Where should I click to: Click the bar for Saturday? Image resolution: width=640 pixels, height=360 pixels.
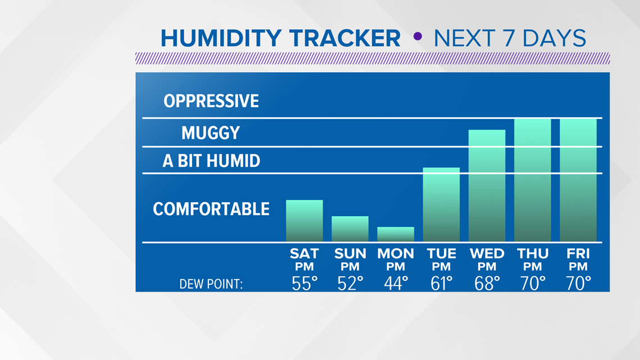coord(304,221)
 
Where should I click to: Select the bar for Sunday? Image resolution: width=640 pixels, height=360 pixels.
coord(350,229)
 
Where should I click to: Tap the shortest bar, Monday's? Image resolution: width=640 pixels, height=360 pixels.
coord(396,234)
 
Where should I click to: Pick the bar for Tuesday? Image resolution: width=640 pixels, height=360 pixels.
coord(441,204)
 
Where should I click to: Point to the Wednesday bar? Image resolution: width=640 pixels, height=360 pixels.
coord(487,186)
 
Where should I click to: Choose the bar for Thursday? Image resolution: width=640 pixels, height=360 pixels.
coord(533,180)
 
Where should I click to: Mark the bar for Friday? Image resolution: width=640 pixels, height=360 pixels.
coord(578,180)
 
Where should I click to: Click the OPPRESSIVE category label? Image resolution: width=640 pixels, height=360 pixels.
coord(211,101)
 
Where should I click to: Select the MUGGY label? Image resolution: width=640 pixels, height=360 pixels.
coord(211,133)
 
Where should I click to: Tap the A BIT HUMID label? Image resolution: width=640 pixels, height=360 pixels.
coord(212,161)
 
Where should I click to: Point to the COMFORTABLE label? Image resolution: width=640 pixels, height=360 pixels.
coord(211,209)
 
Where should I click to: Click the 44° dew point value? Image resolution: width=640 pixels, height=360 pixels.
coord(396,283)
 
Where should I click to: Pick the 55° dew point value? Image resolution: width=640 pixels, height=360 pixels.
coord(304,283)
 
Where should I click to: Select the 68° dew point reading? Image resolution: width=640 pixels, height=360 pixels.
coord(487,283)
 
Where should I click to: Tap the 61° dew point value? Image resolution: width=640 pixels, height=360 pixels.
coord(442,283)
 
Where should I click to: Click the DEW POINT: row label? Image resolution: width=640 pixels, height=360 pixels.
coord(211,284)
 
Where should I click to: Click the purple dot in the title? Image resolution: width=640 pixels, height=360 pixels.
coord(418,37)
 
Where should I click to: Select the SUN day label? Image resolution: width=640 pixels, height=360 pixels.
coord(350,254)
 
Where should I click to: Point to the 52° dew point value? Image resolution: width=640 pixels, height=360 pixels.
coord(350,283)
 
